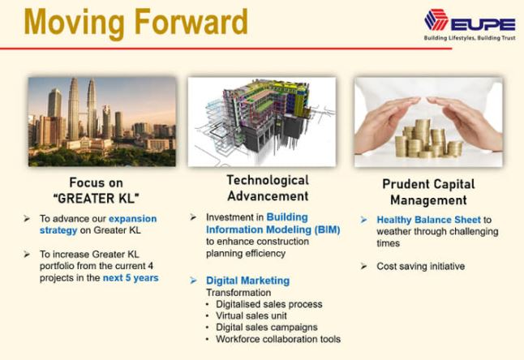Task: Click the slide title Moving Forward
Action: pos(135,23)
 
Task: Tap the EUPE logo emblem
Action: pos(436,20)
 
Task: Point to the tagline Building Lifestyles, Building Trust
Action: pos(470,38)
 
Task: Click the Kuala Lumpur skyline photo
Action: pos(102,122)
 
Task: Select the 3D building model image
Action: pos(262,122)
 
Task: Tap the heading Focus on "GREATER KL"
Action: pos(97,191)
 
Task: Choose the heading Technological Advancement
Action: pos(268,188)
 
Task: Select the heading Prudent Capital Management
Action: pos(429,192)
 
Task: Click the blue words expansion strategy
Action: pos(98,225)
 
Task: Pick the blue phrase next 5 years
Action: pos(131,278)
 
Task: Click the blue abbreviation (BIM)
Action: pos(327,229)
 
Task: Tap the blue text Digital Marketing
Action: pos(247,281)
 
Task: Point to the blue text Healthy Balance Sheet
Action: pos(429,220)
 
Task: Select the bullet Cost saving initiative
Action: pos(421,266)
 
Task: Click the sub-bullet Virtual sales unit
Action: pos(251,315)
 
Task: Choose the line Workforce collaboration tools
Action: pos(278,339)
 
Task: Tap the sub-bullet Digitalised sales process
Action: pos(269,304)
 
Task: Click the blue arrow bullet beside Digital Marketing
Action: pos(193,281)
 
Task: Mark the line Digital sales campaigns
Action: pos(267,328)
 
